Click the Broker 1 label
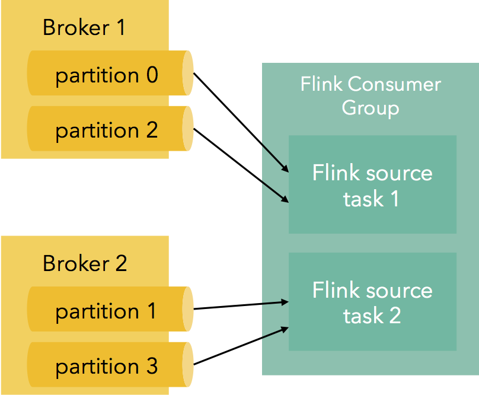tap(84, 28)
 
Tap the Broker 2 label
tap(85, 263)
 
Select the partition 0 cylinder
tap(107, 75)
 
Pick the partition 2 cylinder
tap(107, 130)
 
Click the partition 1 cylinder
tap(107, 311)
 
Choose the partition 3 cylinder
tap(107, 366)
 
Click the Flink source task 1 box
tap(372, 185)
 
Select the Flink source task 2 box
tap(372, 302)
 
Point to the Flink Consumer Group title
tap(371, 95)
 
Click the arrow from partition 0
tap(241, 122)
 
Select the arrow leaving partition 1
tap(241, 305)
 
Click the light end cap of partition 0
tap(187, 73)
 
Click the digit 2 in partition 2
tap(151, 130)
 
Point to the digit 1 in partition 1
tap(151, 311)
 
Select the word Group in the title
tap(371, 109)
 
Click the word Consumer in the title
tap(395, 84)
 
